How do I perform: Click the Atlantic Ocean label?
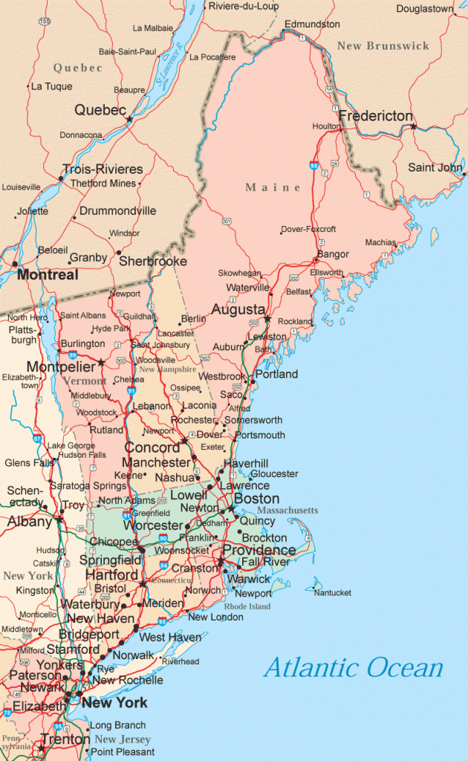(x=353, y=667)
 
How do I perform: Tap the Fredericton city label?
(x=375, y=116)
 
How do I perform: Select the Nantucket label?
(x=332, y=592)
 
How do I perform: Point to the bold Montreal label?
(x=48, y=275)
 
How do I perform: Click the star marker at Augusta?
(x=267, y=320)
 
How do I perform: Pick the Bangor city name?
(x=333, y=255)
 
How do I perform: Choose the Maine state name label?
(x=273, y=188)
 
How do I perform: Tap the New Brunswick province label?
(x=383, y=46)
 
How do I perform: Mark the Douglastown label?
(x=425, y=10)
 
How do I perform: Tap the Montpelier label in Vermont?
(x=60, y=366)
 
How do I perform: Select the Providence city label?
(x=259, y=550)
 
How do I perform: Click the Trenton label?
(x=65, y=739)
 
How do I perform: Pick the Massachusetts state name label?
(x=287, y=511)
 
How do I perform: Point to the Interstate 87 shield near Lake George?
(x=37, y=439)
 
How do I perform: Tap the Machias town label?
(x=381, y=242)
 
